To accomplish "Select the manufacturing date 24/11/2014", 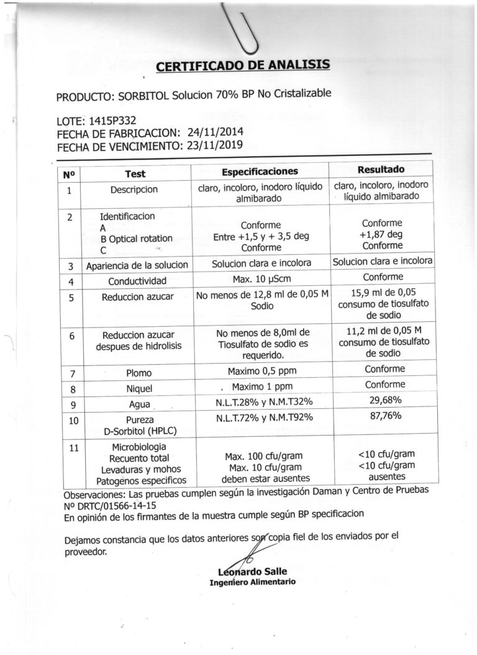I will tap(215, 133).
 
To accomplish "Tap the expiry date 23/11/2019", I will tap(221, 146).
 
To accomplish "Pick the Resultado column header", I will tap(381, 170).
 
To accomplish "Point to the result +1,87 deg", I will tap(381, 234).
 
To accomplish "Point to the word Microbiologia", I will tap(139, 447).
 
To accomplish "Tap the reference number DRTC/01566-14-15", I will tap(112, 506).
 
